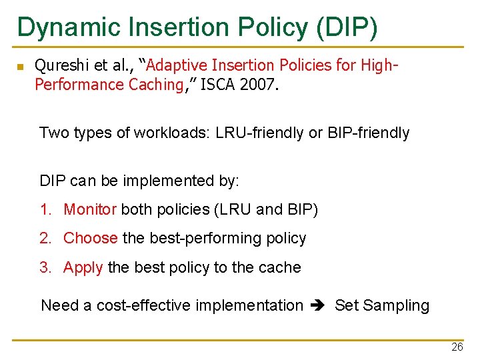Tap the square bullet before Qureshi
pos(21,67)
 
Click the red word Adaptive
pos(175,65)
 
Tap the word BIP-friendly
pos(368,133)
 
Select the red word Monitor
pos(90,209)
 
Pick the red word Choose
pos(91,238)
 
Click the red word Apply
pos(83,268)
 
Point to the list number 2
pos(44,238)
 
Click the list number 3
pos(44,268)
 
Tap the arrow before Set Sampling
pos(319,306)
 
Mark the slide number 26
pos(457,347)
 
